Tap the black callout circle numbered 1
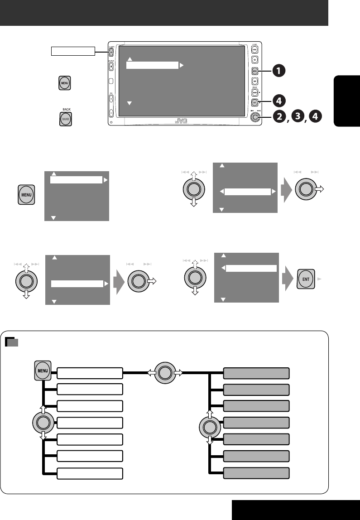279,71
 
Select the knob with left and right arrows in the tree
165,373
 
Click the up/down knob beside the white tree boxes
43,423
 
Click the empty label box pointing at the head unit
72,51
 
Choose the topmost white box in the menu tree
90,373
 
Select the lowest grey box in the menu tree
256,473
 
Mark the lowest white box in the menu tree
90,473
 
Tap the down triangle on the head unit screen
129,103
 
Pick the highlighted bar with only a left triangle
251,268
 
